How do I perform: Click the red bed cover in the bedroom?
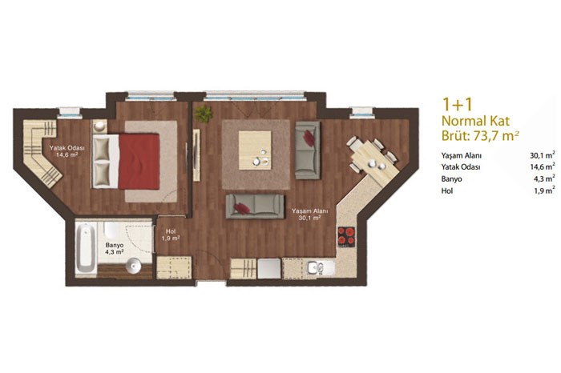[139, 161]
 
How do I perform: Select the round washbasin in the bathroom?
[134, 266]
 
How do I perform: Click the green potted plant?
[203, 114]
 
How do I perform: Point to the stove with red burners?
[346, 236]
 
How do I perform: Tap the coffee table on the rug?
[255, 150]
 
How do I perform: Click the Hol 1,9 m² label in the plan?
[171, 235]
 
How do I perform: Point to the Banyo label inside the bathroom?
[115, 246]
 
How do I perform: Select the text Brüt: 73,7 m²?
[480, 136]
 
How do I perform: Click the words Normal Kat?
[475, 121]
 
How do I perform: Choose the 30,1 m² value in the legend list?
[543, 155]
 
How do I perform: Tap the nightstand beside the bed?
[100, 126]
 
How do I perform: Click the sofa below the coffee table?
[255, 207]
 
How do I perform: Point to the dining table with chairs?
[374, 159]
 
